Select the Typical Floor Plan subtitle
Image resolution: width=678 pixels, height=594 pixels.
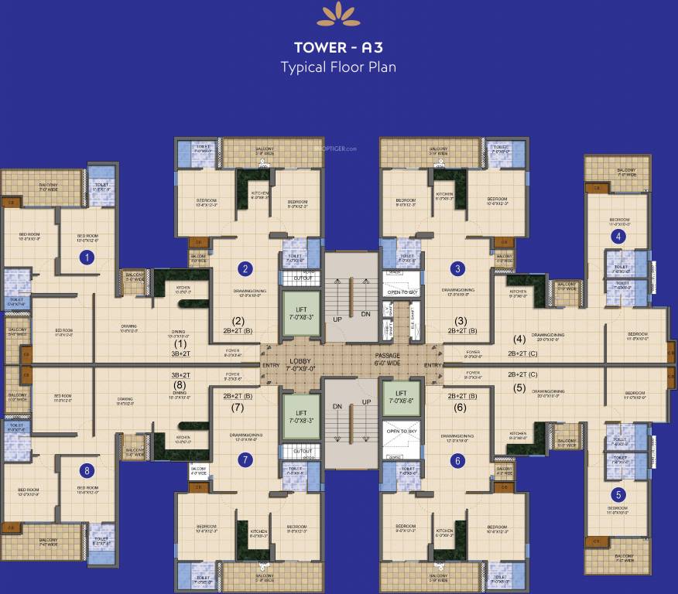[x=338, y=67]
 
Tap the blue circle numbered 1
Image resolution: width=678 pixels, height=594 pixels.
[x=87, y=258]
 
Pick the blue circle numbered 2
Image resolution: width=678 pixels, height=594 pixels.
[x=245, y=269]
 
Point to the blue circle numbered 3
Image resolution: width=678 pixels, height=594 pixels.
[x=459, y=269]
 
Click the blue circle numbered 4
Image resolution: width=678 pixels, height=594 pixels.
[x=618, y=237]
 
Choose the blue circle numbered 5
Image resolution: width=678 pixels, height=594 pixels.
[x=618, y=495]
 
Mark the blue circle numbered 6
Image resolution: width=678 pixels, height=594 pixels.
[x=459, y=461]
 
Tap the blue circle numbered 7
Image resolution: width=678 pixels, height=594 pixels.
[x=245, y=460]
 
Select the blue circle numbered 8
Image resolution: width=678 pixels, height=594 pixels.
[x=87, y=470]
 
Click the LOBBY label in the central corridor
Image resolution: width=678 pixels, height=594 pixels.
[x=301, y=361]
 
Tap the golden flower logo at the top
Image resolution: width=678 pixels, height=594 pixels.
[x=338, y=13]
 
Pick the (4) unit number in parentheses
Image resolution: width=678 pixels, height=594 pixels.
[x=519, y=338]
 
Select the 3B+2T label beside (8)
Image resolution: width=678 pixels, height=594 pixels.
[x=180, y=375]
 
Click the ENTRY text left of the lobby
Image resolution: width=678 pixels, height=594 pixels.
[x=272, y=365]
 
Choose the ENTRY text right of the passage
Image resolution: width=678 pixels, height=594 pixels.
[x=433, y=365]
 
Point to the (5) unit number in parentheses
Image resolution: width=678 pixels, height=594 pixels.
[x=519, y=388]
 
